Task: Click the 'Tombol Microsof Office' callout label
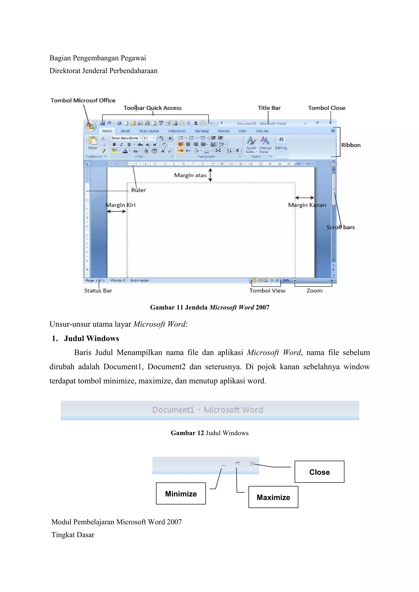click(83, 101)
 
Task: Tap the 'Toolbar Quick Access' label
click(152, 108)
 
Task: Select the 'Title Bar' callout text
click(269, 108)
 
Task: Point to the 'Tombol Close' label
click(326, 108)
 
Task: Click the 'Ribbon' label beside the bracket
click(351, 145)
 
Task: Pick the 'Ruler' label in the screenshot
click(139, 190)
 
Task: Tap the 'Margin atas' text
click(190, 175)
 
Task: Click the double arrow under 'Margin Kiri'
click(116, 211)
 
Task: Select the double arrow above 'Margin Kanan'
click(305, 198)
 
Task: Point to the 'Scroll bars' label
click(341, 227)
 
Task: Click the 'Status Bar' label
click(98, 291)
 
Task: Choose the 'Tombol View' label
click(267, 291)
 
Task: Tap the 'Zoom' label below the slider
click(314, 291)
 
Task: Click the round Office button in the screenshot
click(90, 126)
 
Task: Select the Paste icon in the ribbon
click(93, 141)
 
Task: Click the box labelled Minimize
click(181, 493)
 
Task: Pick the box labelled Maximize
click(273, 497)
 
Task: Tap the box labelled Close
click(319, 472)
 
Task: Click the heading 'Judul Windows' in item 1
click(91, 339)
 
